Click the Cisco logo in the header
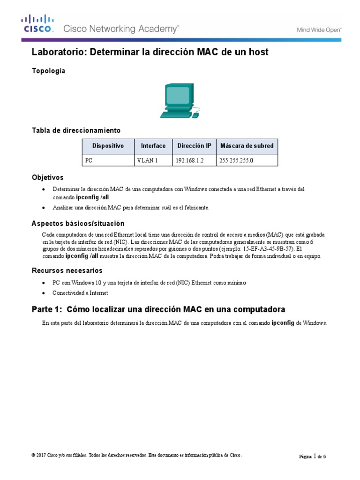point(37,24)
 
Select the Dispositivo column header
point(108,146)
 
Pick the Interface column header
point(153,146)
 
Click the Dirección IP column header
point(194,146)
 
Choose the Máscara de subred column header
point(247,146)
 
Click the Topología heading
point(48,71)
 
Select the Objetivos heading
point(47,178)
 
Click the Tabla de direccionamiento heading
point(76,130)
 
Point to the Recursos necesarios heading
point(67,270)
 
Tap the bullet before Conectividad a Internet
point(44,293)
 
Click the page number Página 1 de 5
point(312,456)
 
